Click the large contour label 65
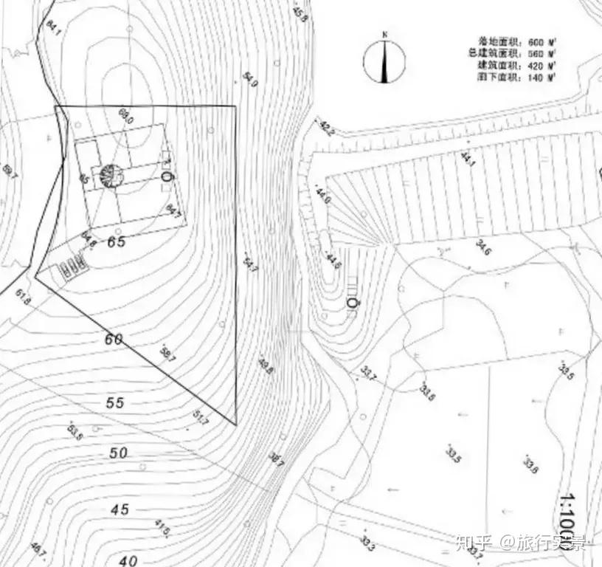(x=117, y=241)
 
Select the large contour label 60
(x=114, y=340)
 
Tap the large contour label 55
(x=115, y=403)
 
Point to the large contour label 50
(x=118, y=453)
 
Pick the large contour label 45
(x=120, y=509)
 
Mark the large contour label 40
(x=128, y=560)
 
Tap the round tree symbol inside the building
(x=112, y=176)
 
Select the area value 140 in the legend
(x=539, y=77)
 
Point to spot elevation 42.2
(x=327, y=128)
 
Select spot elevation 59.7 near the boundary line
(x=167, y=354)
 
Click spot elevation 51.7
(x=201, y=417)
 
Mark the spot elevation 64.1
(x=52, y=26)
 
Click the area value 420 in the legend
(x=539, y=65)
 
